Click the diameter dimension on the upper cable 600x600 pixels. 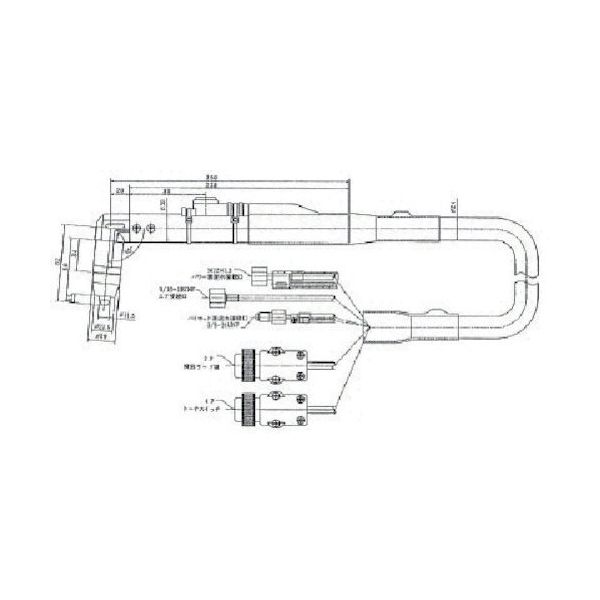453,209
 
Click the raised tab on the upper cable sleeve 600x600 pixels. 400,213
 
